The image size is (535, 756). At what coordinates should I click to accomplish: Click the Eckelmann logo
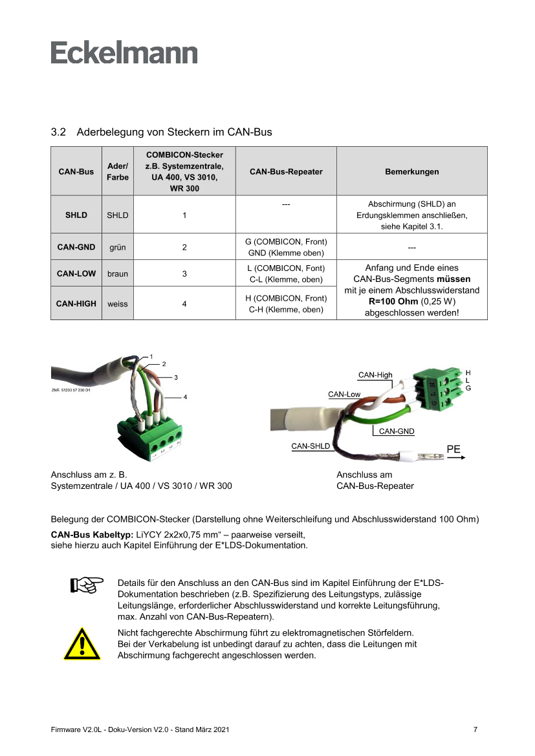[124, 52]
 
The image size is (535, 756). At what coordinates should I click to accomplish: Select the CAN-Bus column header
[76, 172]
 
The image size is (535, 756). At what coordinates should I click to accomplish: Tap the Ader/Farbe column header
[118, 171]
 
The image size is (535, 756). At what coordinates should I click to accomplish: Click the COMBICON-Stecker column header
[184, 171]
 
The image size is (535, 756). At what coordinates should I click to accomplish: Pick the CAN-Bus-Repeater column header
[286, 172]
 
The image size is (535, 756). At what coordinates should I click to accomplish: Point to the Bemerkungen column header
[411, 172]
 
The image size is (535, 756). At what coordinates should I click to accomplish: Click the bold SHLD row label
[76, 215]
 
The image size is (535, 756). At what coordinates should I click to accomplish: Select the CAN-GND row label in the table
[76, 247]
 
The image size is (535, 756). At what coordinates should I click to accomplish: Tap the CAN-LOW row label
[76, 274]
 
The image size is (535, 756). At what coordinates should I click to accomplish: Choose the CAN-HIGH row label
[76, 303]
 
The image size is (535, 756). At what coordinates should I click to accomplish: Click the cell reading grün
[118, 247]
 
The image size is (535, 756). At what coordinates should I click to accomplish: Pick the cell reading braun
[118, 274]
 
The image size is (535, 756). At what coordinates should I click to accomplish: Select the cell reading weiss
[118, 303]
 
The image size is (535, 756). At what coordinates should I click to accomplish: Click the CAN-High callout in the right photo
[375, 375]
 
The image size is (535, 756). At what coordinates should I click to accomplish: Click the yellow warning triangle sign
[82, 643]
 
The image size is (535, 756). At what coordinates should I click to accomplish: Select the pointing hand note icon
[87, 585]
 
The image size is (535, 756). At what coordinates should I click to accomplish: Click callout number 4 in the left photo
[186, 396]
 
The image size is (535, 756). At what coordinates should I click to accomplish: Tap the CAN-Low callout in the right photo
[344, 394]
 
